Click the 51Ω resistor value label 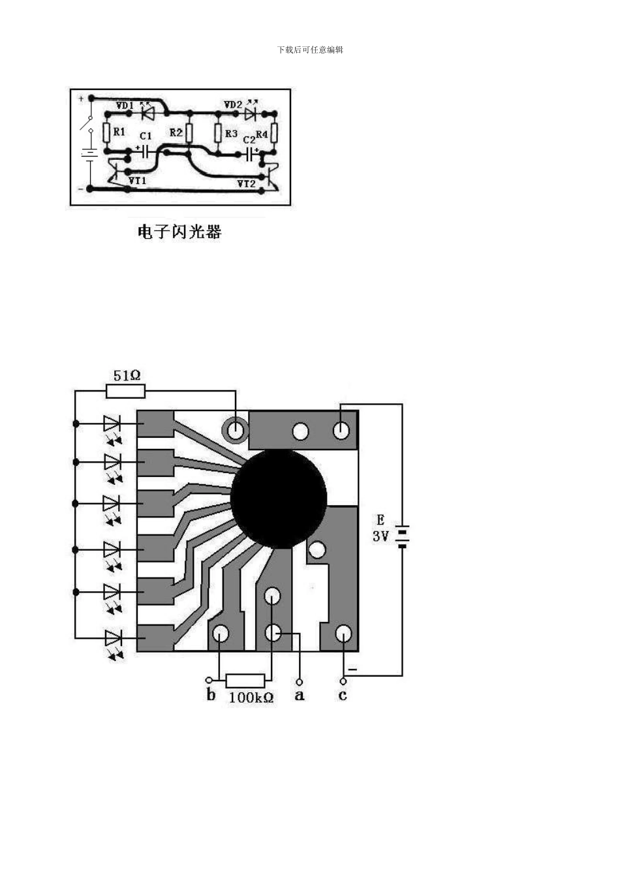127,375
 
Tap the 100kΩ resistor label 251,697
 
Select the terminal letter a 300,695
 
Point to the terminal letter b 211,694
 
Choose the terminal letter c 343,695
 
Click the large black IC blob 279,498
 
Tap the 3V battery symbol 402,536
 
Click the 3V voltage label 380,536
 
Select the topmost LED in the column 112,423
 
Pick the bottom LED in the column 113,638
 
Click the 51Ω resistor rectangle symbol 125,391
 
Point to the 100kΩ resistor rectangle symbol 245,680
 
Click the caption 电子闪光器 179,232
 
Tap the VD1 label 125,105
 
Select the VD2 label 233,104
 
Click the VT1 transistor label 137,180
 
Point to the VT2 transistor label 246,184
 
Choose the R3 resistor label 231,133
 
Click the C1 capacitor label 146,136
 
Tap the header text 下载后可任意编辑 310,50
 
